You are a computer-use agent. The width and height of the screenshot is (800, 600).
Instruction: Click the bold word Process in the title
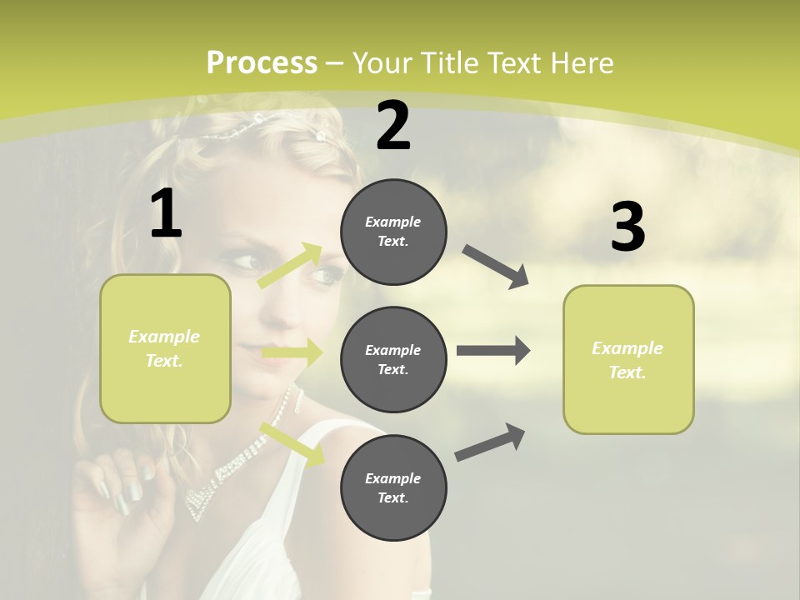pyautogui.click(x=262, y=62)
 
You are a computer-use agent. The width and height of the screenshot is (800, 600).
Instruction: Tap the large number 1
pyautogui.click(x=166, y=213)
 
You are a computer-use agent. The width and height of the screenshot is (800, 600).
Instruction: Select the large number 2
pyautogui.click(x=393, y=126)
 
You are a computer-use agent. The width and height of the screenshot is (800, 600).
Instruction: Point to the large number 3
pyautogui.click(x=627, y=227)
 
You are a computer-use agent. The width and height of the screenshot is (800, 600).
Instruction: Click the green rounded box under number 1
pyautogui.click(x=165, y=348)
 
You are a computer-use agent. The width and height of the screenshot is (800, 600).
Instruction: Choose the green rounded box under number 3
pyautogui.click(x=628, y=359)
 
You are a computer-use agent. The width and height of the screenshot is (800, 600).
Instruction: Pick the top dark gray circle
pyautogui.click(x=393, y=232)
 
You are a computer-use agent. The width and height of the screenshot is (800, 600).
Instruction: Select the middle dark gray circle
pyautogui.click(x=393, y=359)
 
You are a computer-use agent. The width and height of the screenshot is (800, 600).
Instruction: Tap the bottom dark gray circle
pyautogui.click(x=393, y=487)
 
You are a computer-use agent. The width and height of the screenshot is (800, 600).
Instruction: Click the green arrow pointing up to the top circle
pyautogui.click(x=290, y=266)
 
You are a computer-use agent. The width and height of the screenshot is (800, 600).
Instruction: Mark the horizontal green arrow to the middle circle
pyautogui.click(x=292, y=353)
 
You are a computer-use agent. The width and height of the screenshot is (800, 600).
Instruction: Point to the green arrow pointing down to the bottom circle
pyautogui.click(x=292, y=444)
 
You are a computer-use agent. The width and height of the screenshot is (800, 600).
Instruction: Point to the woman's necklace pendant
pyautogui.click(x=200, y=500)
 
